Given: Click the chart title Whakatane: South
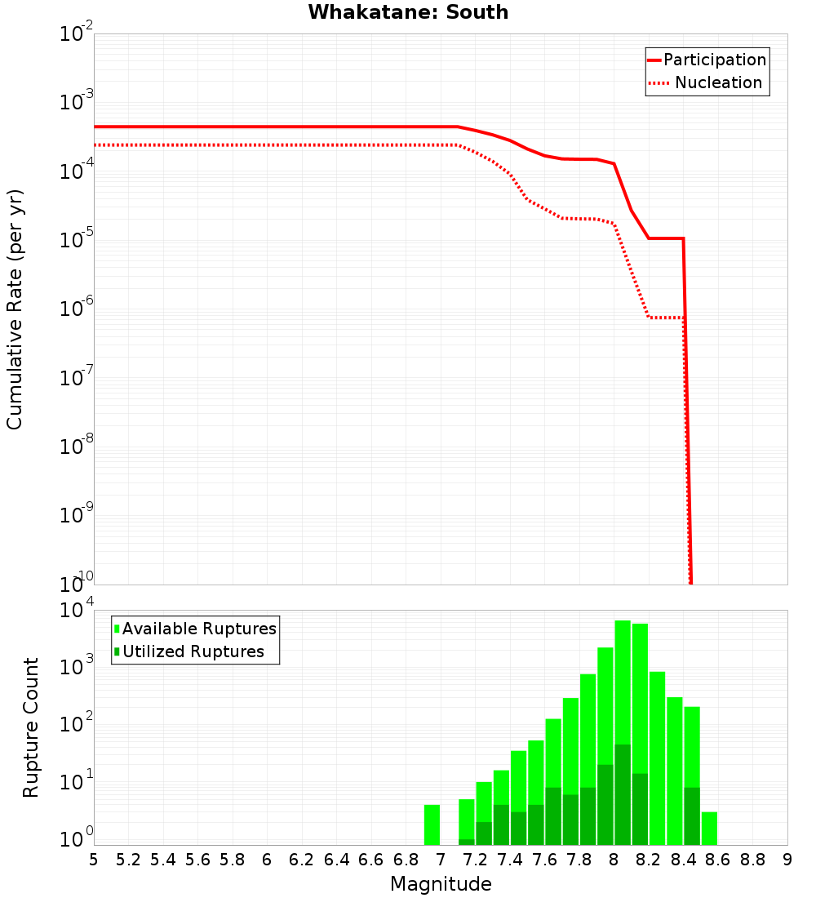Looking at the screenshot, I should pos(408,12).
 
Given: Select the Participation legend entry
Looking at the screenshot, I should pos(707,60).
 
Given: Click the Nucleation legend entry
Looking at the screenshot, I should pos(707,83).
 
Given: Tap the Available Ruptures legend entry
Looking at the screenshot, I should pos(195,629).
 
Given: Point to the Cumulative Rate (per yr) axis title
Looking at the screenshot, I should pos(16,309).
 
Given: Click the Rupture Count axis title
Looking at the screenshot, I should pos(31,727).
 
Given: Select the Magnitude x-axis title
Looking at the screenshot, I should pos(441,884).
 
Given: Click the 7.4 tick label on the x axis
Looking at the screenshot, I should pos(510,860).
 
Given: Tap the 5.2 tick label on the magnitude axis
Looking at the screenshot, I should pos(129,860).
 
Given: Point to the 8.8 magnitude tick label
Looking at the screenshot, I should pos(752,860).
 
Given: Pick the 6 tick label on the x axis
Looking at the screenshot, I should pos(267,860).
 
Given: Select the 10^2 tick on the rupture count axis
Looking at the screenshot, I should pos(77,724).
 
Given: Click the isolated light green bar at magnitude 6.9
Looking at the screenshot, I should pos(432,825).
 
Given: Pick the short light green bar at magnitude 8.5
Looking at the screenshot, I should pos(709,828).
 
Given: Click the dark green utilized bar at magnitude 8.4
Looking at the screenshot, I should pos(692,816).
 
